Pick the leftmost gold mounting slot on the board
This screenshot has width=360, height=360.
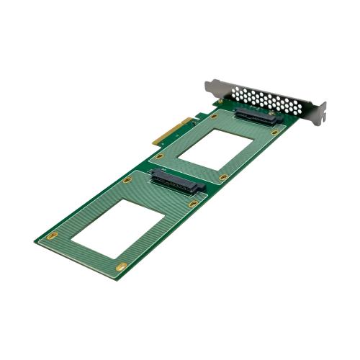[50, 235]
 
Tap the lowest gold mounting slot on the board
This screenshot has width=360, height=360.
[122, 267]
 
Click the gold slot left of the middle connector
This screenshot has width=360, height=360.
[127, 180]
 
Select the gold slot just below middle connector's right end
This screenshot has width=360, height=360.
[193, 204]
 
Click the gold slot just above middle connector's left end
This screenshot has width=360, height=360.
[160, 156]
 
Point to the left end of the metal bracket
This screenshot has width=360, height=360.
[207, 86]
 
